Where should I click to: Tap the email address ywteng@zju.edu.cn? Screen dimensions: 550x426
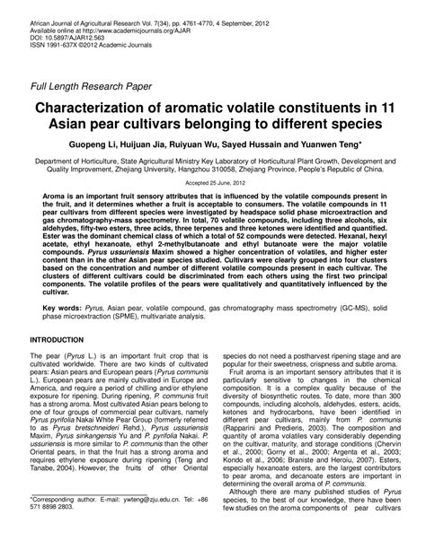132,521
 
